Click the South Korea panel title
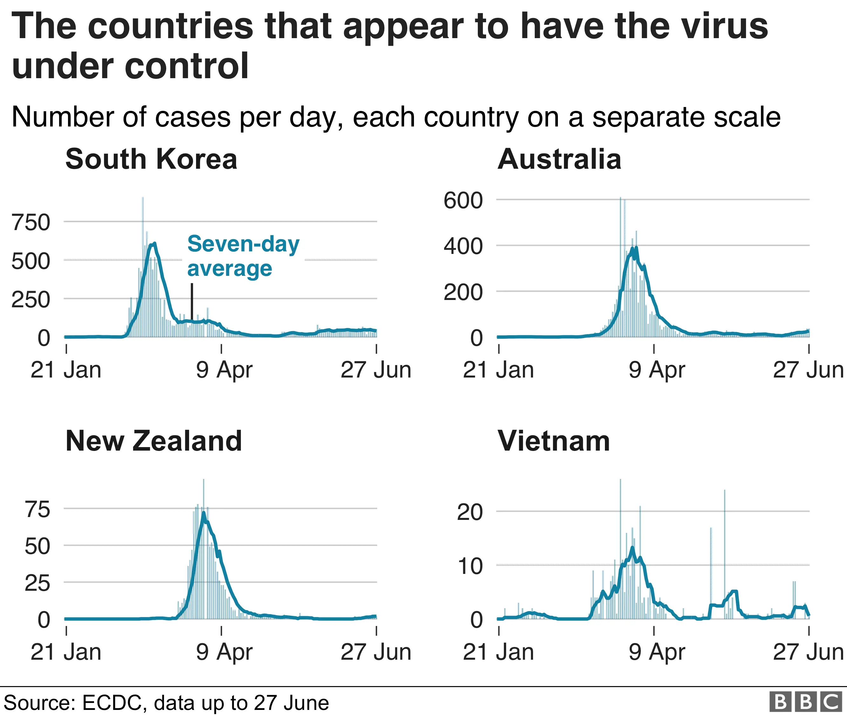[151, 159]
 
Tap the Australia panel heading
[559, 159]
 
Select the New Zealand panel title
[153, 441]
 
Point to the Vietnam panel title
[553, 441]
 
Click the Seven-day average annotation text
[243, 256]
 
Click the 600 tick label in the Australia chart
[463, 201]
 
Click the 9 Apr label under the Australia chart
[656, 370]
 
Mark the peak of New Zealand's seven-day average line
[203, 513]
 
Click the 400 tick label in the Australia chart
[463, 247]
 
